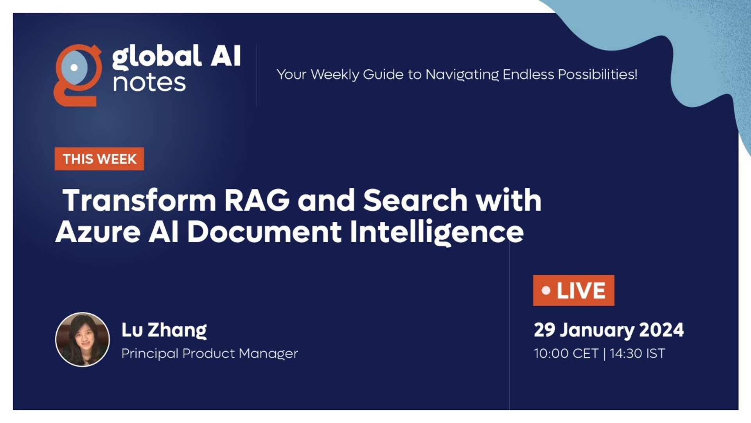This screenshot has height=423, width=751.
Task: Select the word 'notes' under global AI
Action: [149, 83]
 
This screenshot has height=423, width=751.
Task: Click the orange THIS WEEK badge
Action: [99, 159]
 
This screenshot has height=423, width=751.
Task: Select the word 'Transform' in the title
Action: [139, 200]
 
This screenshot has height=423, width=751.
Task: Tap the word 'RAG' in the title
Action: [257, 200]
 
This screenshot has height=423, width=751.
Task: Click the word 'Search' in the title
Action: [415, 200]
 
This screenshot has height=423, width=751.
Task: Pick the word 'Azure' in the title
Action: [98, 231]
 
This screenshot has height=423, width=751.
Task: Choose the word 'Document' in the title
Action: [264, 231]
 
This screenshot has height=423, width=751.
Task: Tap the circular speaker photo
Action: [83, 339]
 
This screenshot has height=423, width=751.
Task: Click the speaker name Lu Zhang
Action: [164, 330]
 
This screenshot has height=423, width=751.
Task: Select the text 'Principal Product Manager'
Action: [210, 353]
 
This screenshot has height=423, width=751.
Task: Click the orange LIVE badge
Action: [573, 291]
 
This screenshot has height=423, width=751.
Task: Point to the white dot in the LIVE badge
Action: [546, 291]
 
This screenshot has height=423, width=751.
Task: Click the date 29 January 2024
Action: [609, 330]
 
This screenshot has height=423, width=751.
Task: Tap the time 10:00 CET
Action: [566, 354]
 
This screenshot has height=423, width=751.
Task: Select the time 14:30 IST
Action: [637, 354]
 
